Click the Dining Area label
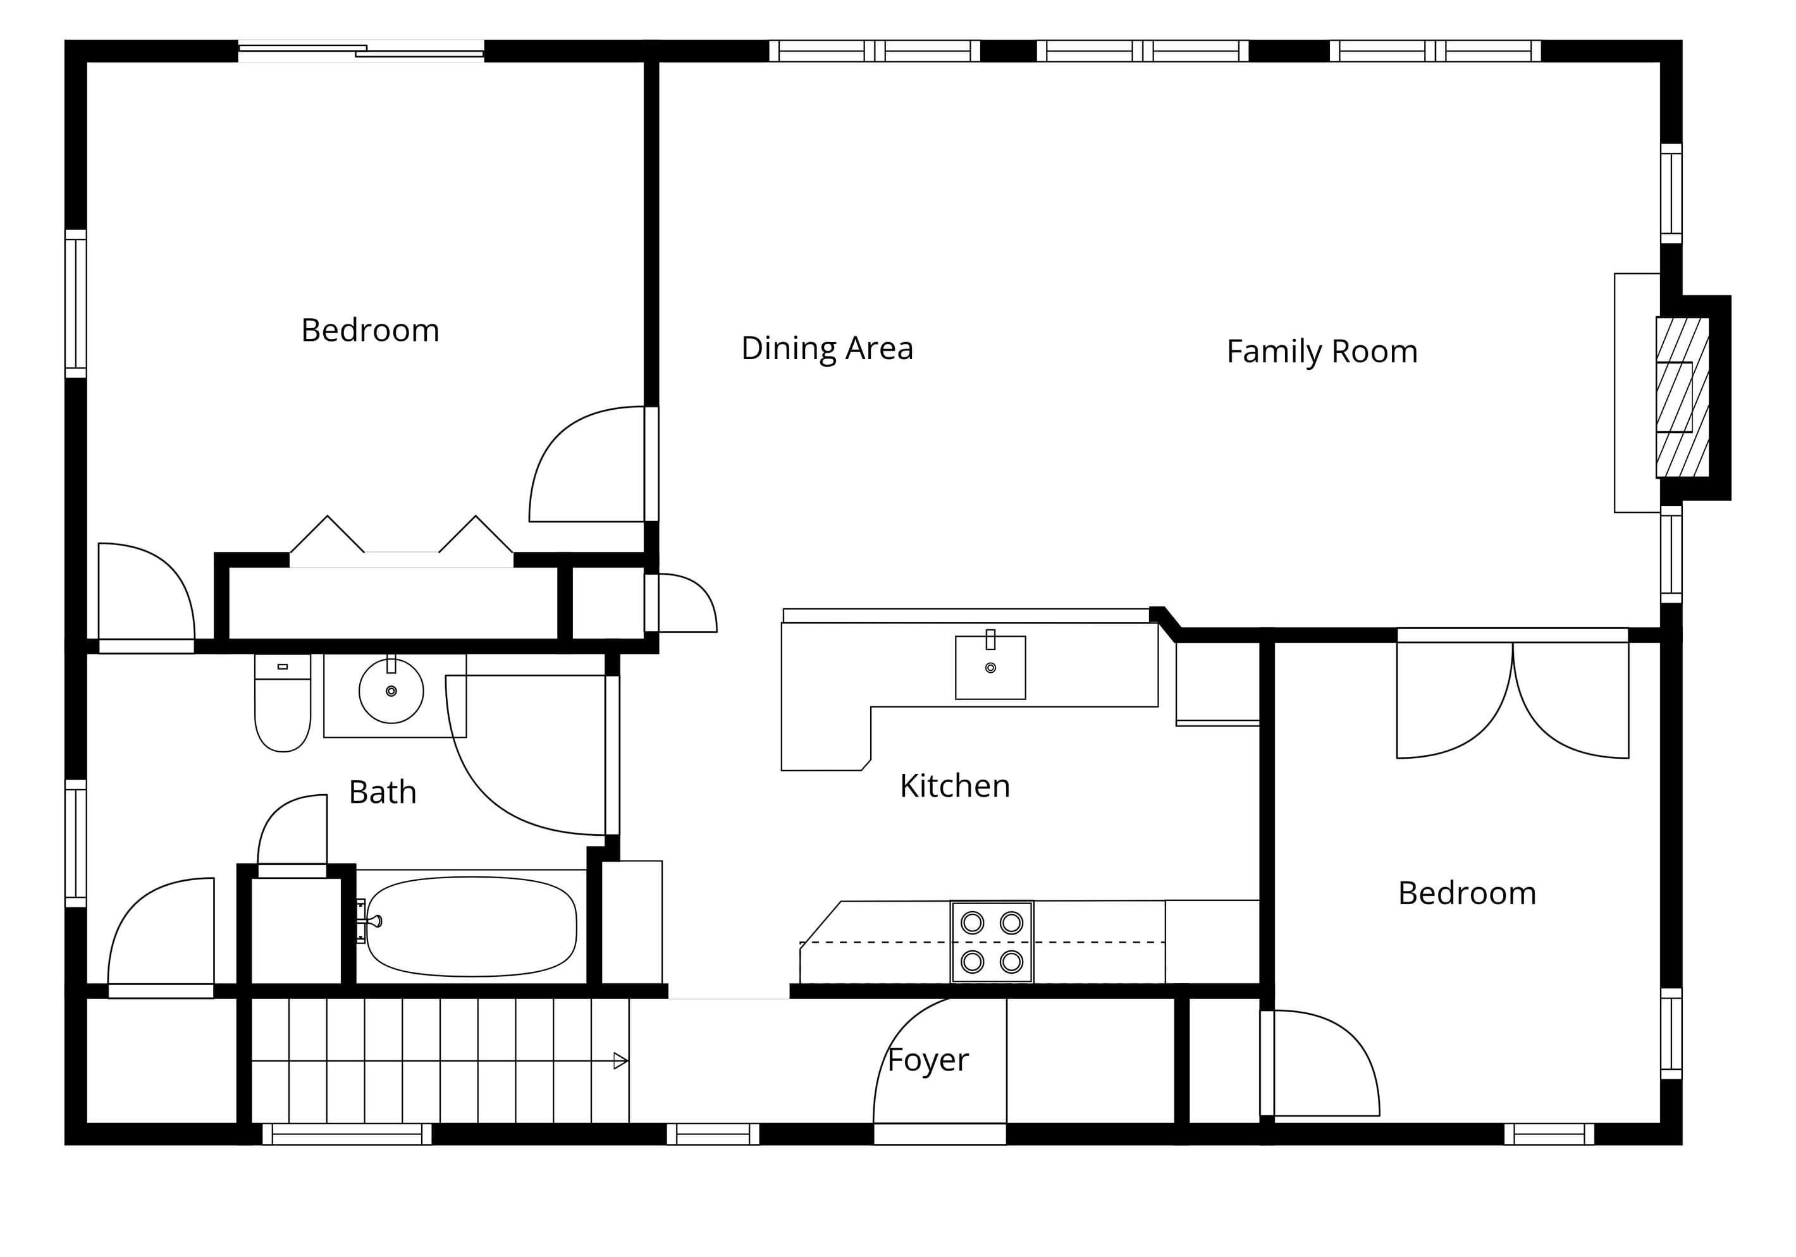pos(827,349)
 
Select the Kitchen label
pos(955,786)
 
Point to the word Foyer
pos(928,1060)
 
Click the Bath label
pos(383,792)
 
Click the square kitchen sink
pos(990,667)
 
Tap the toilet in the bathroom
pos(283,702)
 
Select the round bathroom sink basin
pos(391,690)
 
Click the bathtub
pos(471,927)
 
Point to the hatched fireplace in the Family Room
pos(1682,397)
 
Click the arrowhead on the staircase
pos(620,1062)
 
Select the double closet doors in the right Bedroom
pos(1513,696)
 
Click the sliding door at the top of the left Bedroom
pos(361,51)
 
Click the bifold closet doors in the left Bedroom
pos(402,540)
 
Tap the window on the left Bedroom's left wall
pos(75,304)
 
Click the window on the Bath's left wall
pos(75,843)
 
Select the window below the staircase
pos(347,1134)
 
